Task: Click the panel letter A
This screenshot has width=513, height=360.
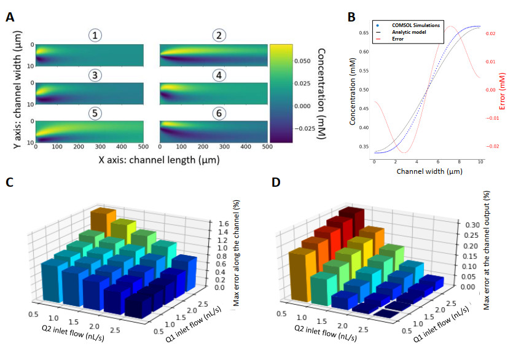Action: pyautogui.click(x=10, y=17)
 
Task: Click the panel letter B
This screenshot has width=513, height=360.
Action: pyautogui.click(x=351, y=17)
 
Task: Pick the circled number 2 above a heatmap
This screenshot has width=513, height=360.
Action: pyautogui.click(x=218, y=36)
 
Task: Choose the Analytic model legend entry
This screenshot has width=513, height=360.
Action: pyautogui.click(x=406, y=32)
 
